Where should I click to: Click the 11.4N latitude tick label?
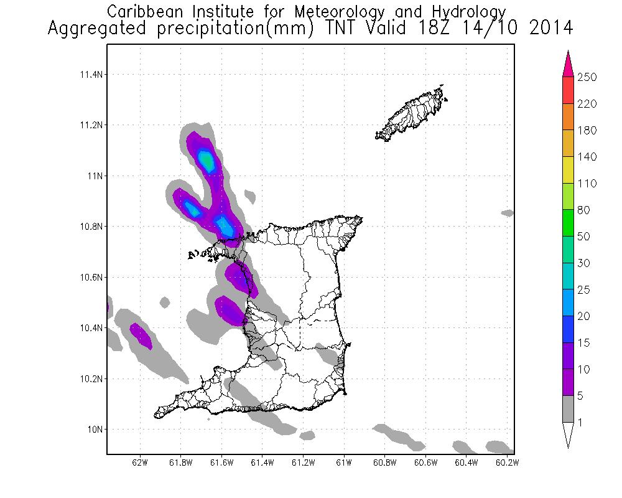click(x=90, y=75)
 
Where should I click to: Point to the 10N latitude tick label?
click(x=94, y=430)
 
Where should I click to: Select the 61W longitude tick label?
click(x=344, y=463)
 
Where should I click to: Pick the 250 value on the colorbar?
click(x=587, y=77)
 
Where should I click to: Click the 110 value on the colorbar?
click(x=587, y=184)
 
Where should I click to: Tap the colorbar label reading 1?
click(x=582, y=423)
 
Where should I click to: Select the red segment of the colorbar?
click(x=568, y=90)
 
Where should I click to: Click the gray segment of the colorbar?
click(x=568, y=409)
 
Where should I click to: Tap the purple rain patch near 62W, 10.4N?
click(x=141, y=335)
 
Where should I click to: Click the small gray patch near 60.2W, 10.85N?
click(x=508, y=213)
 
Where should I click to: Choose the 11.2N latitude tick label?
click(x=90, y=125)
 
